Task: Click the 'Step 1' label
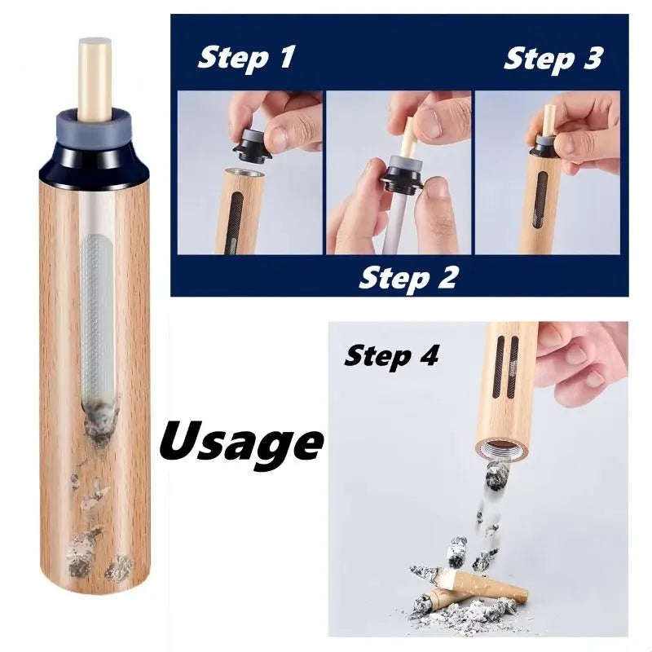[246, 58]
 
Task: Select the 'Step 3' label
[553, 58]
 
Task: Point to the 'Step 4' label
[392, 355]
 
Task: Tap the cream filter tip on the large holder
[94, 77]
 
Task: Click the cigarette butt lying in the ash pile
[473, 584]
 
